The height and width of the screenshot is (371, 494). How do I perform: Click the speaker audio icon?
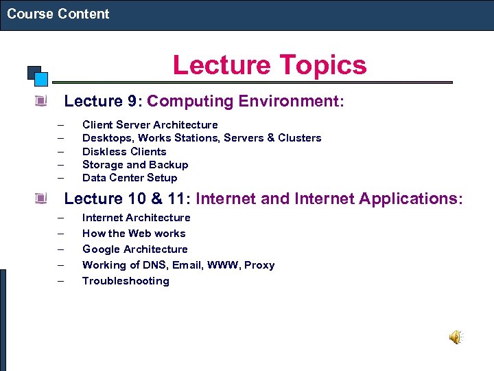pyautogui.click(x=456, y=337)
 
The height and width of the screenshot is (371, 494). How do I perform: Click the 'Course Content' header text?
pyautogui.click(x=58, y=14)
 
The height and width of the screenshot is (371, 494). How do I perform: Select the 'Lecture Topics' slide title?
pyautogui.click(x=270, y=65)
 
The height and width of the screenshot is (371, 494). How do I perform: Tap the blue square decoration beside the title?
pyautogui.click(x=40, y=78)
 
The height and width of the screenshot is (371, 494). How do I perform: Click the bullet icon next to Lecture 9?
pyautogui.click(x=42, y=102)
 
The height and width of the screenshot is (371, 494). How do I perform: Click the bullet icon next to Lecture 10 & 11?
pyautogui.click(x=42, y=199)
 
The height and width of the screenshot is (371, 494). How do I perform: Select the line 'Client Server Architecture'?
pyautogui.click(x=150, y=125)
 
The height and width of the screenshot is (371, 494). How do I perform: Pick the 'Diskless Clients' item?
pyautogui.click(x=124, y=151)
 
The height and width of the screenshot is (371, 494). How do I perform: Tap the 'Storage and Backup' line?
pyautogui.click(x=134, y=164)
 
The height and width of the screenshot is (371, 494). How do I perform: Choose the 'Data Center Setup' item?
pyautogui.click(x=129, y=177)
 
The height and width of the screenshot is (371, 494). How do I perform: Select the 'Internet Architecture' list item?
pyautogui.click(x=136, y=218)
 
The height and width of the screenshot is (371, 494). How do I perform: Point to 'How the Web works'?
pyautogui.click(x=134, y=234)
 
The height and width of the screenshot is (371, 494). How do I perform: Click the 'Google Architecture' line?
pyautogui.click(x=134, y=249)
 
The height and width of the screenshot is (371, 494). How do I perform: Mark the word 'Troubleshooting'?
pyautogui.click(x=126, y=281)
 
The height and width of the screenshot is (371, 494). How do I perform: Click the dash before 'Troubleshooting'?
pyautogui.click(x=60, y=281)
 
